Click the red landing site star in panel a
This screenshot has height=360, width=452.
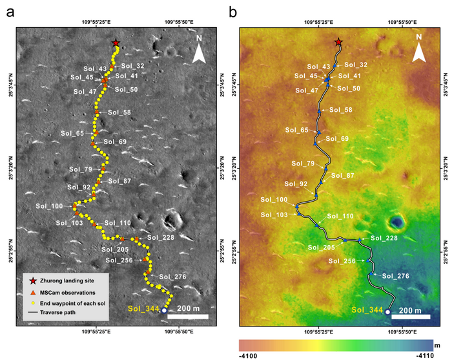point(116,43)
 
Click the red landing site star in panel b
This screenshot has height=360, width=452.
point(338,43)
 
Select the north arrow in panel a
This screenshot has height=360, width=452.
point(200,52)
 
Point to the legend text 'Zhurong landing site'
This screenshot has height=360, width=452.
point(70,281)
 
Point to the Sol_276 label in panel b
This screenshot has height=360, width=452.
point(395,277)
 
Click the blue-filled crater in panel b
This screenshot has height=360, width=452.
point(396,224)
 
